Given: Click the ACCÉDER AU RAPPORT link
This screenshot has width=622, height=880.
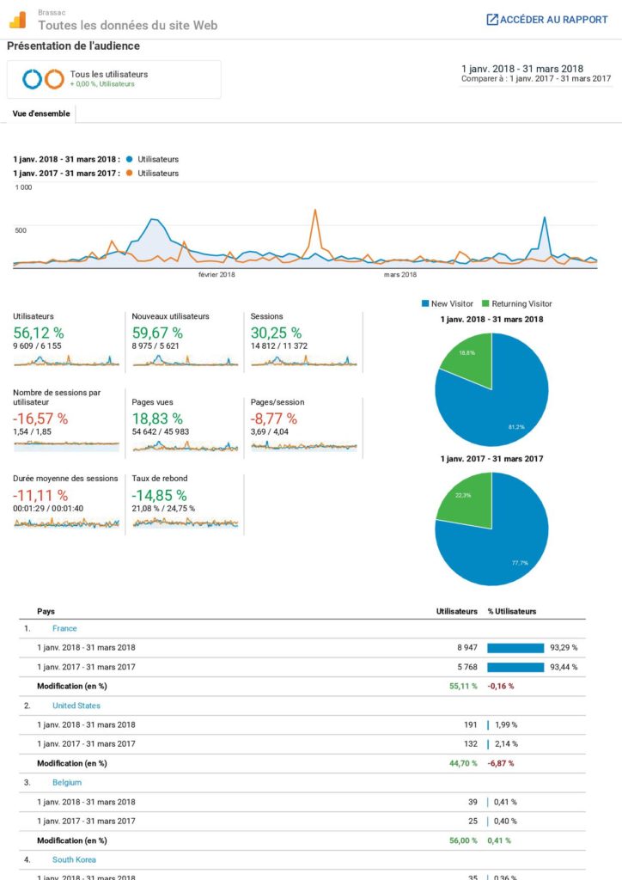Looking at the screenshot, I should pyautogui.click(x=547, y=19).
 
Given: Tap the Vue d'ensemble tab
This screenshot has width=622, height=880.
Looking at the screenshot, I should pyautogui.click(x=41, y=113).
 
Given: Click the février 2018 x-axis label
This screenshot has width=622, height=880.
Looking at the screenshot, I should pyautogui.click(x=216, y=275).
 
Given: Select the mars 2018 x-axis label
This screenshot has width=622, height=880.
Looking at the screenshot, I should pyautogui.click(x=399, y=275).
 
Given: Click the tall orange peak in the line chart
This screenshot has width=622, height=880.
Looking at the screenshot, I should pyautogui.click(x=315, y=211).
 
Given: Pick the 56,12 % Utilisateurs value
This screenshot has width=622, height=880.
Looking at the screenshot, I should pyautogui.click(x=39, y=333).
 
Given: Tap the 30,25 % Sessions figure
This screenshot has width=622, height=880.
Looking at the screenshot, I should pyautogui.click(x=276, y=333).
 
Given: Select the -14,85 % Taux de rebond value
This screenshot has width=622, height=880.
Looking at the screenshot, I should pyautogui.click(x=159, y=495).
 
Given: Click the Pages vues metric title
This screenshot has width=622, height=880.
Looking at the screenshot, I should pyautogui.click(x=153, y=402).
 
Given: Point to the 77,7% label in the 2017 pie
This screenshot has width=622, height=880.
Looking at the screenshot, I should pyautogui.click(x=520, y=563).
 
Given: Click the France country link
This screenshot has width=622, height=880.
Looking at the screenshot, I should pyautogui.click(x=64, y=628).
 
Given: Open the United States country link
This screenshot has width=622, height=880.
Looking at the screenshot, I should pyautogui.click(x=76, y=706).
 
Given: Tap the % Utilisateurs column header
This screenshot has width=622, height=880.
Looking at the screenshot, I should pyautogui.click(x=512, y=612).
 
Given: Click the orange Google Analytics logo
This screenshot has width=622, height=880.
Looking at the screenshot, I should pyautogui.click(x=19, y=19).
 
